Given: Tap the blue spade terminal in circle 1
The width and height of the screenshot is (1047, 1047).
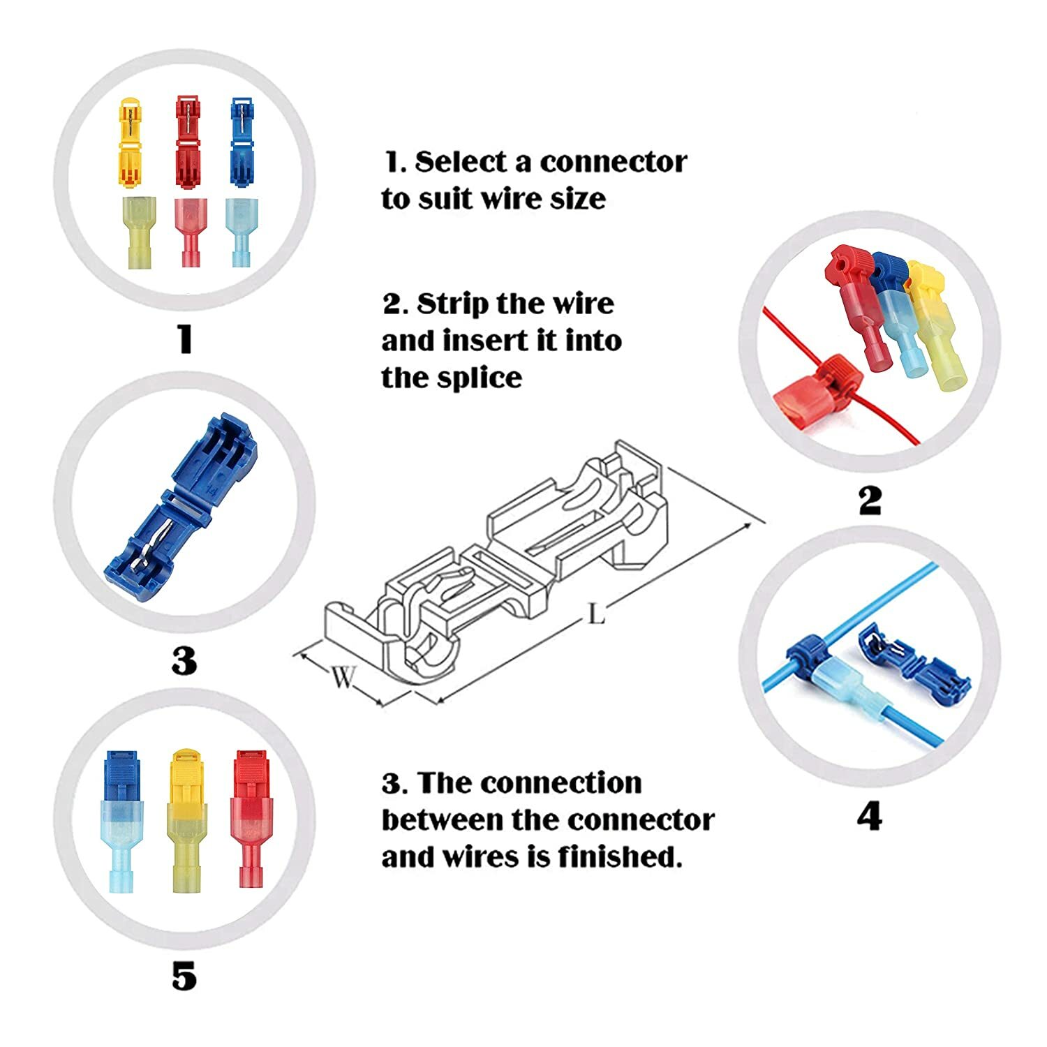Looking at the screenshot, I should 242,230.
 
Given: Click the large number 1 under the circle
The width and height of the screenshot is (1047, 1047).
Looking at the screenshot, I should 184,339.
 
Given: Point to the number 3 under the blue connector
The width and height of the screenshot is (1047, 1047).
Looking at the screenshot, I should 184,660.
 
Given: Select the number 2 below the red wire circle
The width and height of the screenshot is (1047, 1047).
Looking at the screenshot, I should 870,500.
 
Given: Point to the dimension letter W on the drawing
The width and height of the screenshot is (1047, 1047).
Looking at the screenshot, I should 343,676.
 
